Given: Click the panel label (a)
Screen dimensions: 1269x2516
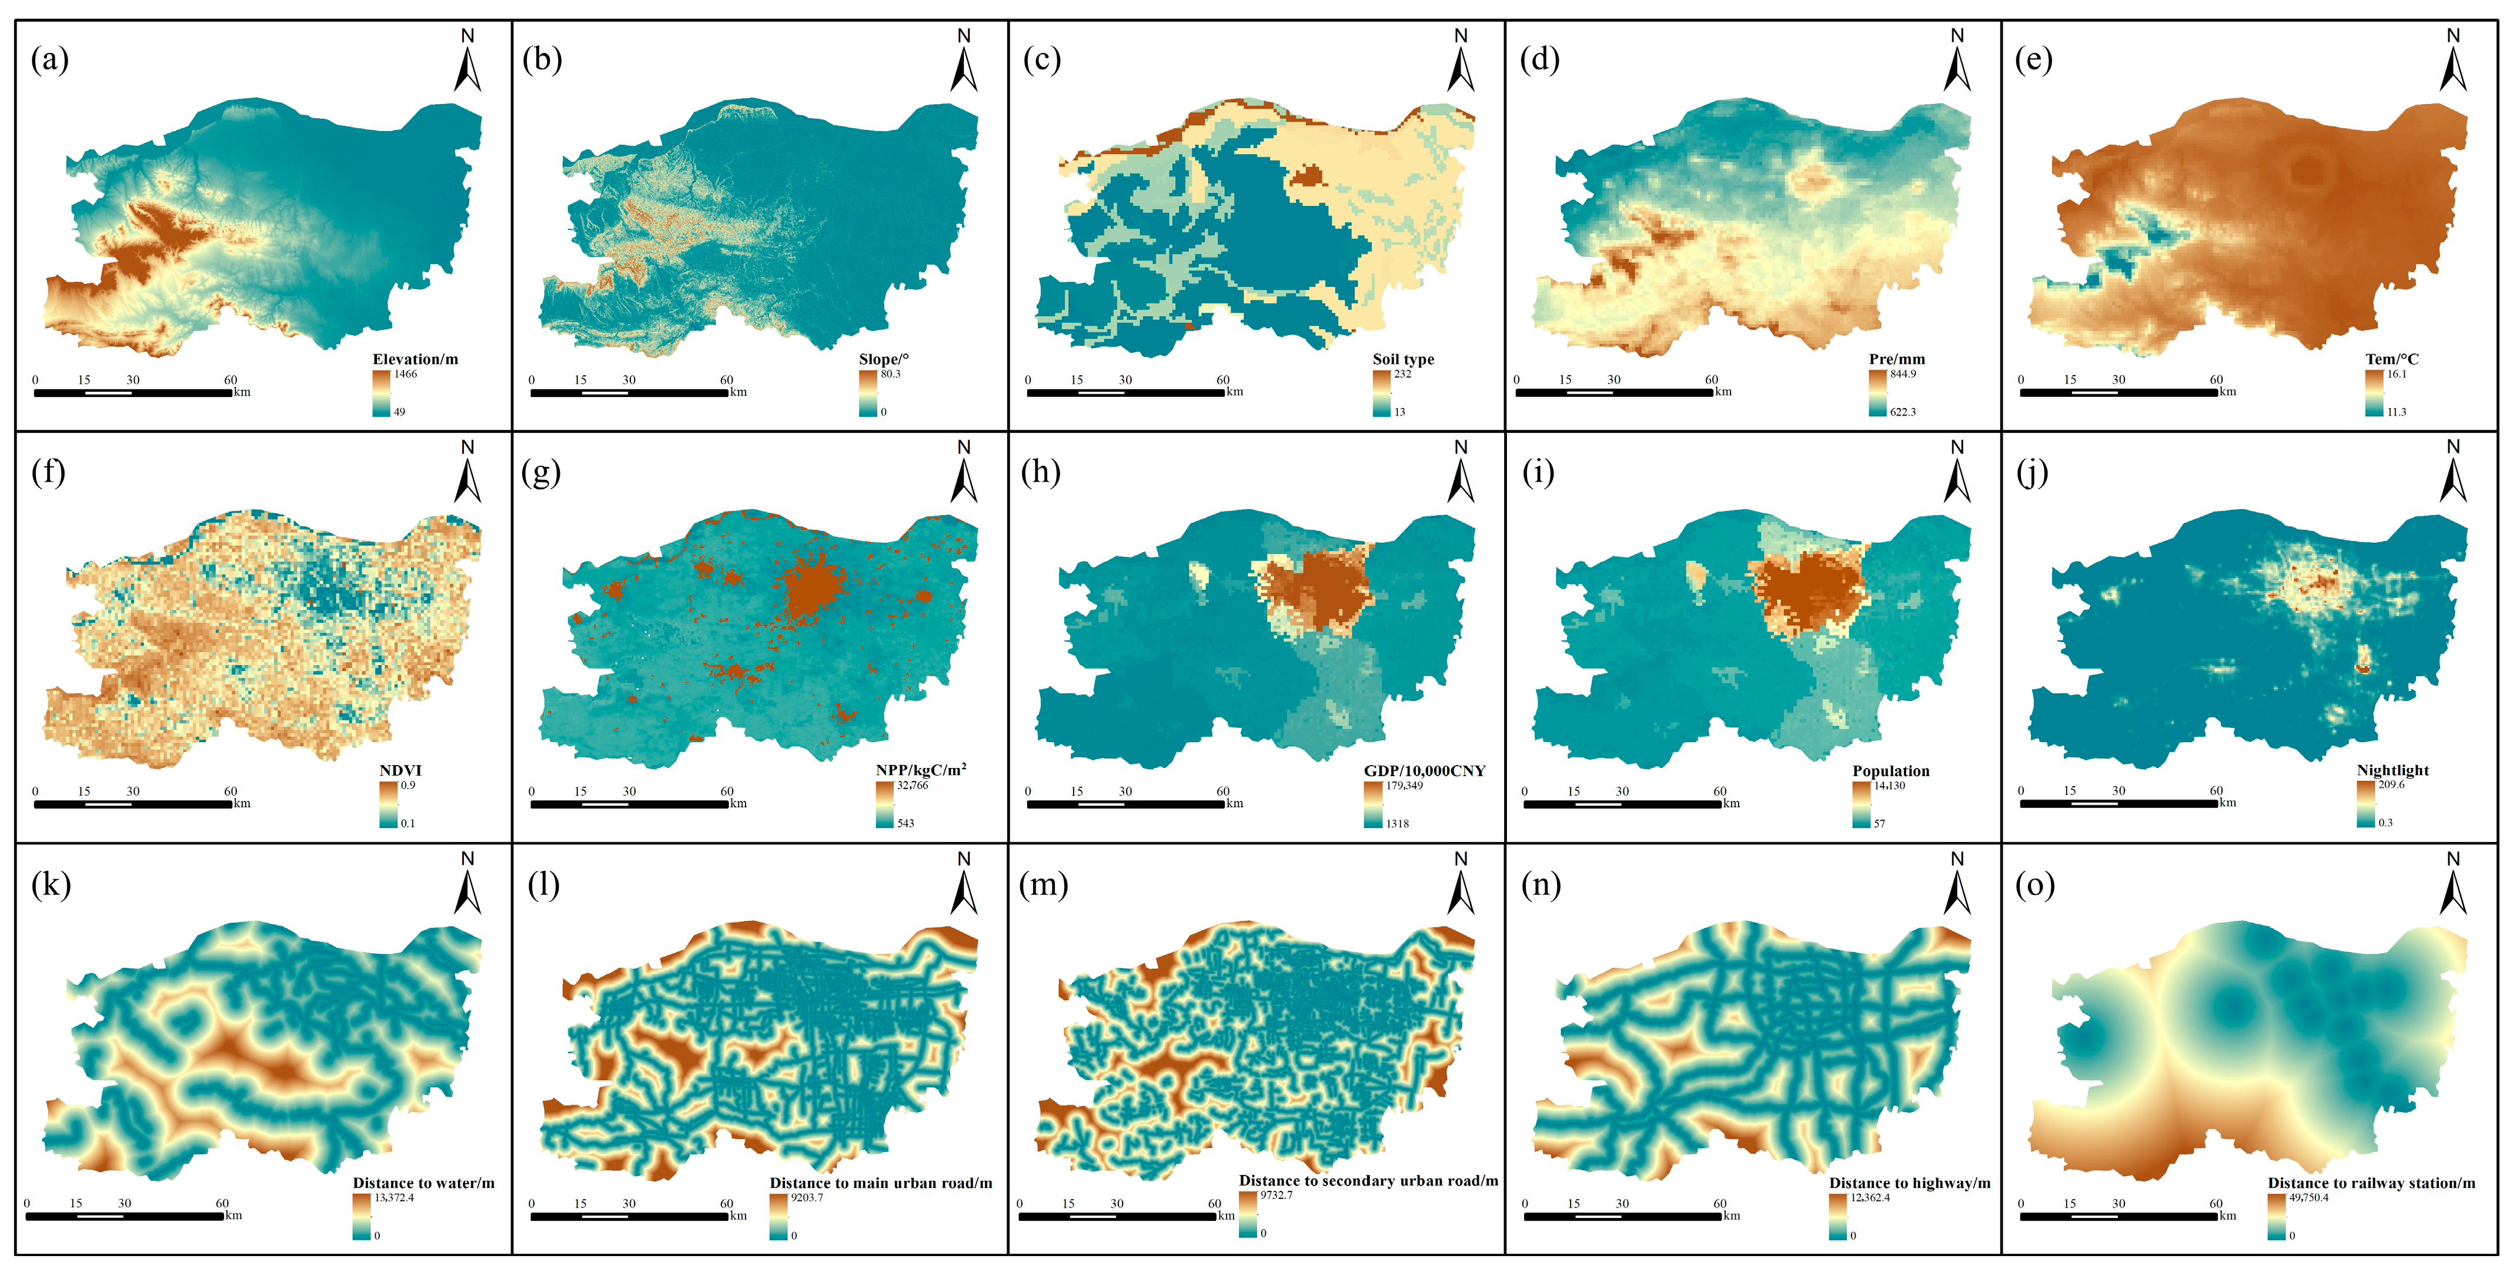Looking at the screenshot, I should (x=50, y=61).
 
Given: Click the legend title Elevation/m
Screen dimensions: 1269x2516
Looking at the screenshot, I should (x=415, y=359).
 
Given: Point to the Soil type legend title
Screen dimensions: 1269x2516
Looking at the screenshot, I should (x=1404, y=359).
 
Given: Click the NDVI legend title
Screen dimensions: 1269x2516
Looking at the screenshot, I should (x=400, y=771).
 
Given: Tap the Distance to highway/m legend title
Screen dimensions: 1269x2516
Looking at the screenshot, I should (x=1909, y=1183).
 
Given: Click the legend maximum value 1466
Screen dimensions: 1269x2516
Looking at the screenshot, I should (x=405, y=374).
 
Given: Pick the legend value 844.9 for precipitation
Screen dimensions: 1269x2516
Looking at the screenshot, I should (x=1903, y=374).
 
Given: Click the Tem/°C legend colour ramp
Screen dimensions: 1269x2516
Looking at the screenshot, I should (x=2374, y=393).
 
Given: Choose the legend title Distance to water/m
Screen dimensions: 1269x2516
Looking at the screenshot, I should (x=424, y=1183).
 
